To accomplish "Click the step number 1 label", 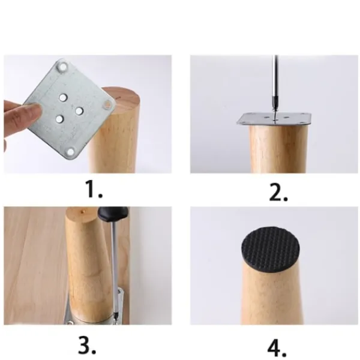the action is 94,189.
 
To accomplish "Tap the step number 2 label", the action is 278,192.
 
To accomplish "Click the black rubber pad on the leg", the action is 271,250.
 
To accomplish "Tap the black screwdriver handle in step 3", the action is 113,213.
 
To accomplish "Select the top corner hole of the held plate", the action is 62,67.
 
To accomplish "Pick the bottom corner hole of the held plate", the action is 70,152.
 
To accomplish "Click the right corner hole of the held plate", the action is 107,104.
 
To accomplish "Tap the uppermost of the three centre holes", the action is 63,98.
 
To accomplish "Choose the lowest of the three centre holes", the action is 59,119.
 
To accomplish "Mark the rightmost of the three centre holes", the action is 79,111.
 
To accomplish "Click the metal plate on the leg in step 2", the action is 274,119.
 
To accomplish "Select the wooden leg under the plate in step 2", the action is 278,149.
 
